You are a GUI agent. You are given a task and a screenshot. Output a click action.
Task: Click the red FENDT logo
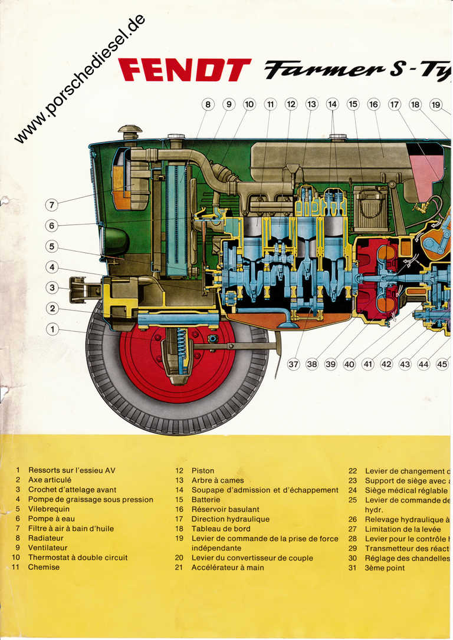[x=185, y=70]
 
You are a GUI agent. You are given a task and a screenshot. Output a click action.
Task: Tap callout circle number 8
[x=208, y=105]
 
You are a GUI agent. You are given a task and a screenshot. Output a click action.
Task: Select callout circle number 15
[x=353, y=105]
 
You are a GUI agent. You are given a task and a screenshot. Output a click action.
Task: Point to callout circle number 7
[x=52, y=205]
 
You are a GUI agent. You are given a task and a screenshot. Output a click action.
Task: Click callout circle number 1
[x=52, y=329]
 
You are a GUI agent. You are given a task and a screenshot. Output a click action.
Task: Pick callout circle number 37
[x=293, y=364]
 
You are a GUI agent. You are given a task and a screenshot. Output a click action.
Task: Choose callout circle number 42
[x=386, y=364]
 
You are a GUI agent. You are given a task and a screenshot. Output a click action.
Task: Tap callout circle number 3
[x=52, y=288]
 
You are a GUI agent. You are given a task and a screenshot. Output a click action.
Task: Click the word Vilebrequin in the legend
[x=49, y=509]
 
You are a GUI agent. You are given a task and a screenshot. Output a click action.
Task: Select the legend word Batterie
[x=206, y=500]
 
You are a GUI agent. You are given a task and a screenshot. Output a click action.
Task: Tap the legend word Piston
[x=203, y=471]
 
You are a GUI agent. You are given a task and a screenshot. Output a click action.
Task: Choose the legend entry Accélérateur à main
[x=228, y=568]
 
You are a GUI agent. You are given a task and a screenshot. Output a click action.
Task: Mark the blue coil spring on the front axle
[x=181, y=351]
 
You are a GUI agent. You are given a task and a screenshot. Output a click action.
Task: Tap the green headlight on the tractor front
[x=115, y=241]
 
